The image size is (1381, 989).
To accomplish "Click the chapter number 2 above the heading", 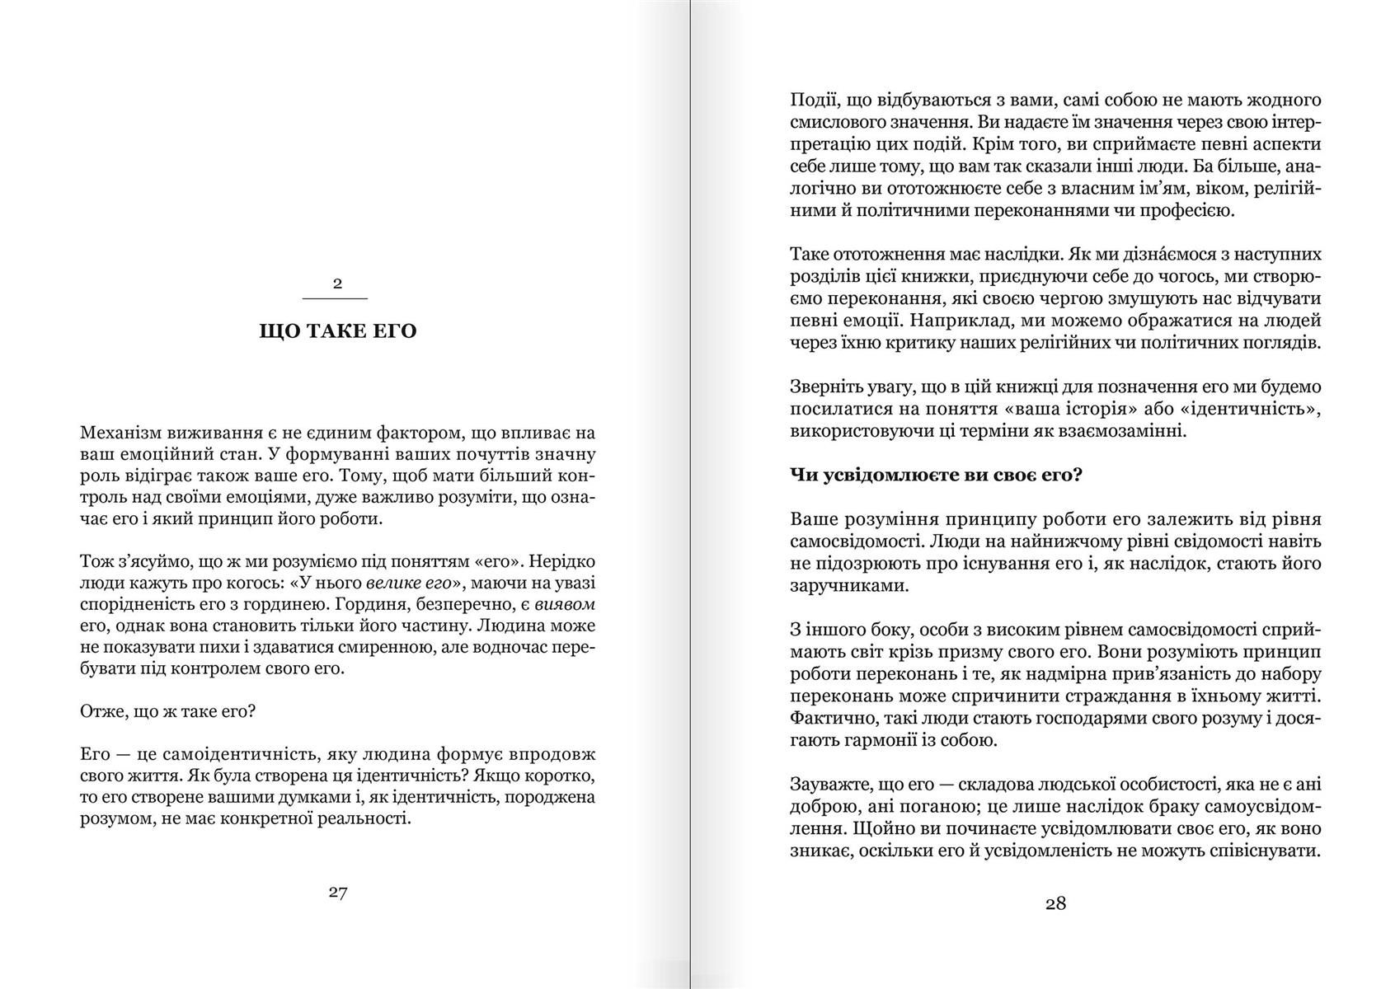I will point(336,284).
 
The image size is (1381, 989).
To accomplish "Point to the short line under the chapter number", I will point(336,298).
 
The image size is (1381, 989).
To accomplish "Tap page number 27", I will point(337,893).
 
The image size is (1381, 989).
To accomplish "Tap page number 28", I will point(1055,903).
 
